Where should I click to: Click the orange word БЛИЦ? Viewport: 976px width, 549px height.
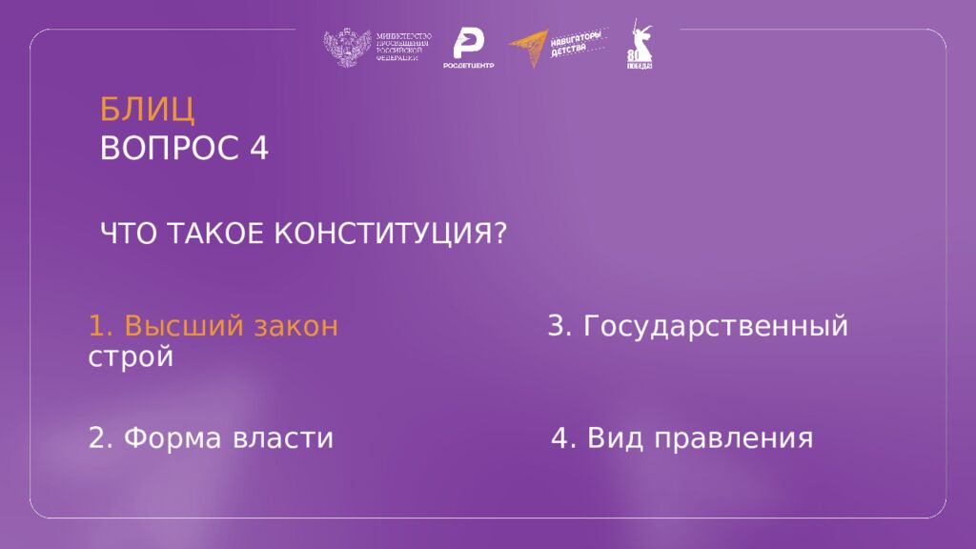tap(148, 110)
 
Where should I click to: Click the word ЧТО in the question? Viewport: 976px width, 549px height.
tap(131, 234)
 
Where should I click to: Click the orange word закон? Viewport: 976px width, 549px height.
tap(295, 327)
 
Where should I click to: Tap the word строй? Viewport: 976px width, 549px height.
tap(131, 358)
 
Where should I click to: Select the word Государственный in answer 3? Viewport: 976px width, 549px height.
tap(716, 327)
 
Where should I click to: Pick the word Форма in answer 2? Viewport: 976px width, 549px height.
tap(174, 438)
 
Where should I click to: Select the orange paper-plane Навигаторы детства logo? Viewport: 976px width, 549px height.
tap(529, 48)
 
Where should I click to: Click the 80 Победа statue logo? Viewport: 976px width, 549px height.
tap(639, 46)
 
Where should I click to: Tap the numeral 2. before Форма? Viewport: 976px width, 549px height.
tap(100, 438)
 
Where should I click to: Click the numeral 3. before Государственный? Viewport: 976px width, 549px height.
tap(559, 327)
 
